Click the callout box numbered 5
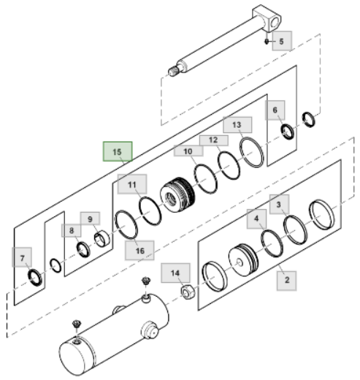point(282,40)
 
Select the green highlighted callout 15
point(116,152)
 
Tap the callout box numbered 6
point(275,111)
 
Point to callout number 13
point(237,125)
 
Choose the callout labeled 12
point(212,139)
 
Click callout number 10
point(188,151)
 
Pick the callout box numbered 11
point(132,186)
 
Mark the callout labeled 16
point(139,250)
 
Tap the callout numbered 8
point(72,231)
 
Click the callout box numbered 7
point(23,258)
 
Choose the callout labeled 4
point(256,218)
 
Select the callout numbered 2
point(286,278)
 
